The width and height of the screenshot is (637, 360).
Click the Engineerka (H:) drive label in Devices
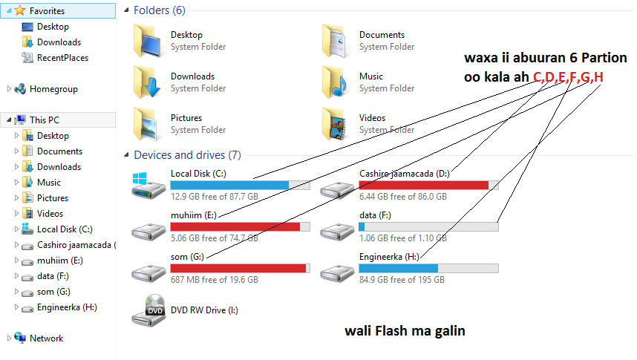coord(389,257)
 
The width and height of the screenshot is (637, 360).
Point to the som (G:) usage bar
coord(240,268)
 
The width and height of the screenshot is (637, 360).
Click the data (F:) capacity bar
coord(428,226)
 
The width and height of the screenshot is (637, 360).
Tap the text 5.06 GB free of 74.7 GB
coord(215,238)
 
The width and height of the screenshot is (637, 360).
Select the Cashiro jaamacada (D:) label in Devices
coord(405,174)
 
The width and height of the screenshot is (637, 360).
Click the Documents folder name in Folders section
coord(382,35)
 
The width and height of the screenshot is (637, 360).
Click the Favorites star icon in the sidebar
coord(19,11)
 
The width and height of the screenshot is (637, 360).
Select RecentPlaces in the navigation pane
coord(62,58)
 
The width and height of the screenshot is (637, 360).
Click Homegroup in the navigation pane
coord(53,89)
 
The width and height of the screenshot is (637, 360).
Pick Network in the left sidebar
coord(46,338)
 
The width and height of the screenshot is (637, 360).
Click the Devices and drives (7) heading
coord(187,155)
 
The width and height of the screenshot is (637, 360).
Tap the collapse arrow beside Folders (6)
coord(127,11)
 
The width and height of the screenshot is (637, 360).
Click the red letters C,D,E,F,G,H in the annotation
coord(568,76)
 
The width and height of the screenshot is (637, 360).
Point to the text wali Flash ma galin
coord(405,331)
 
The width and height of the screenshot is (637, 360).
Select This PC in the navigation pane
coord(44,120)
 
